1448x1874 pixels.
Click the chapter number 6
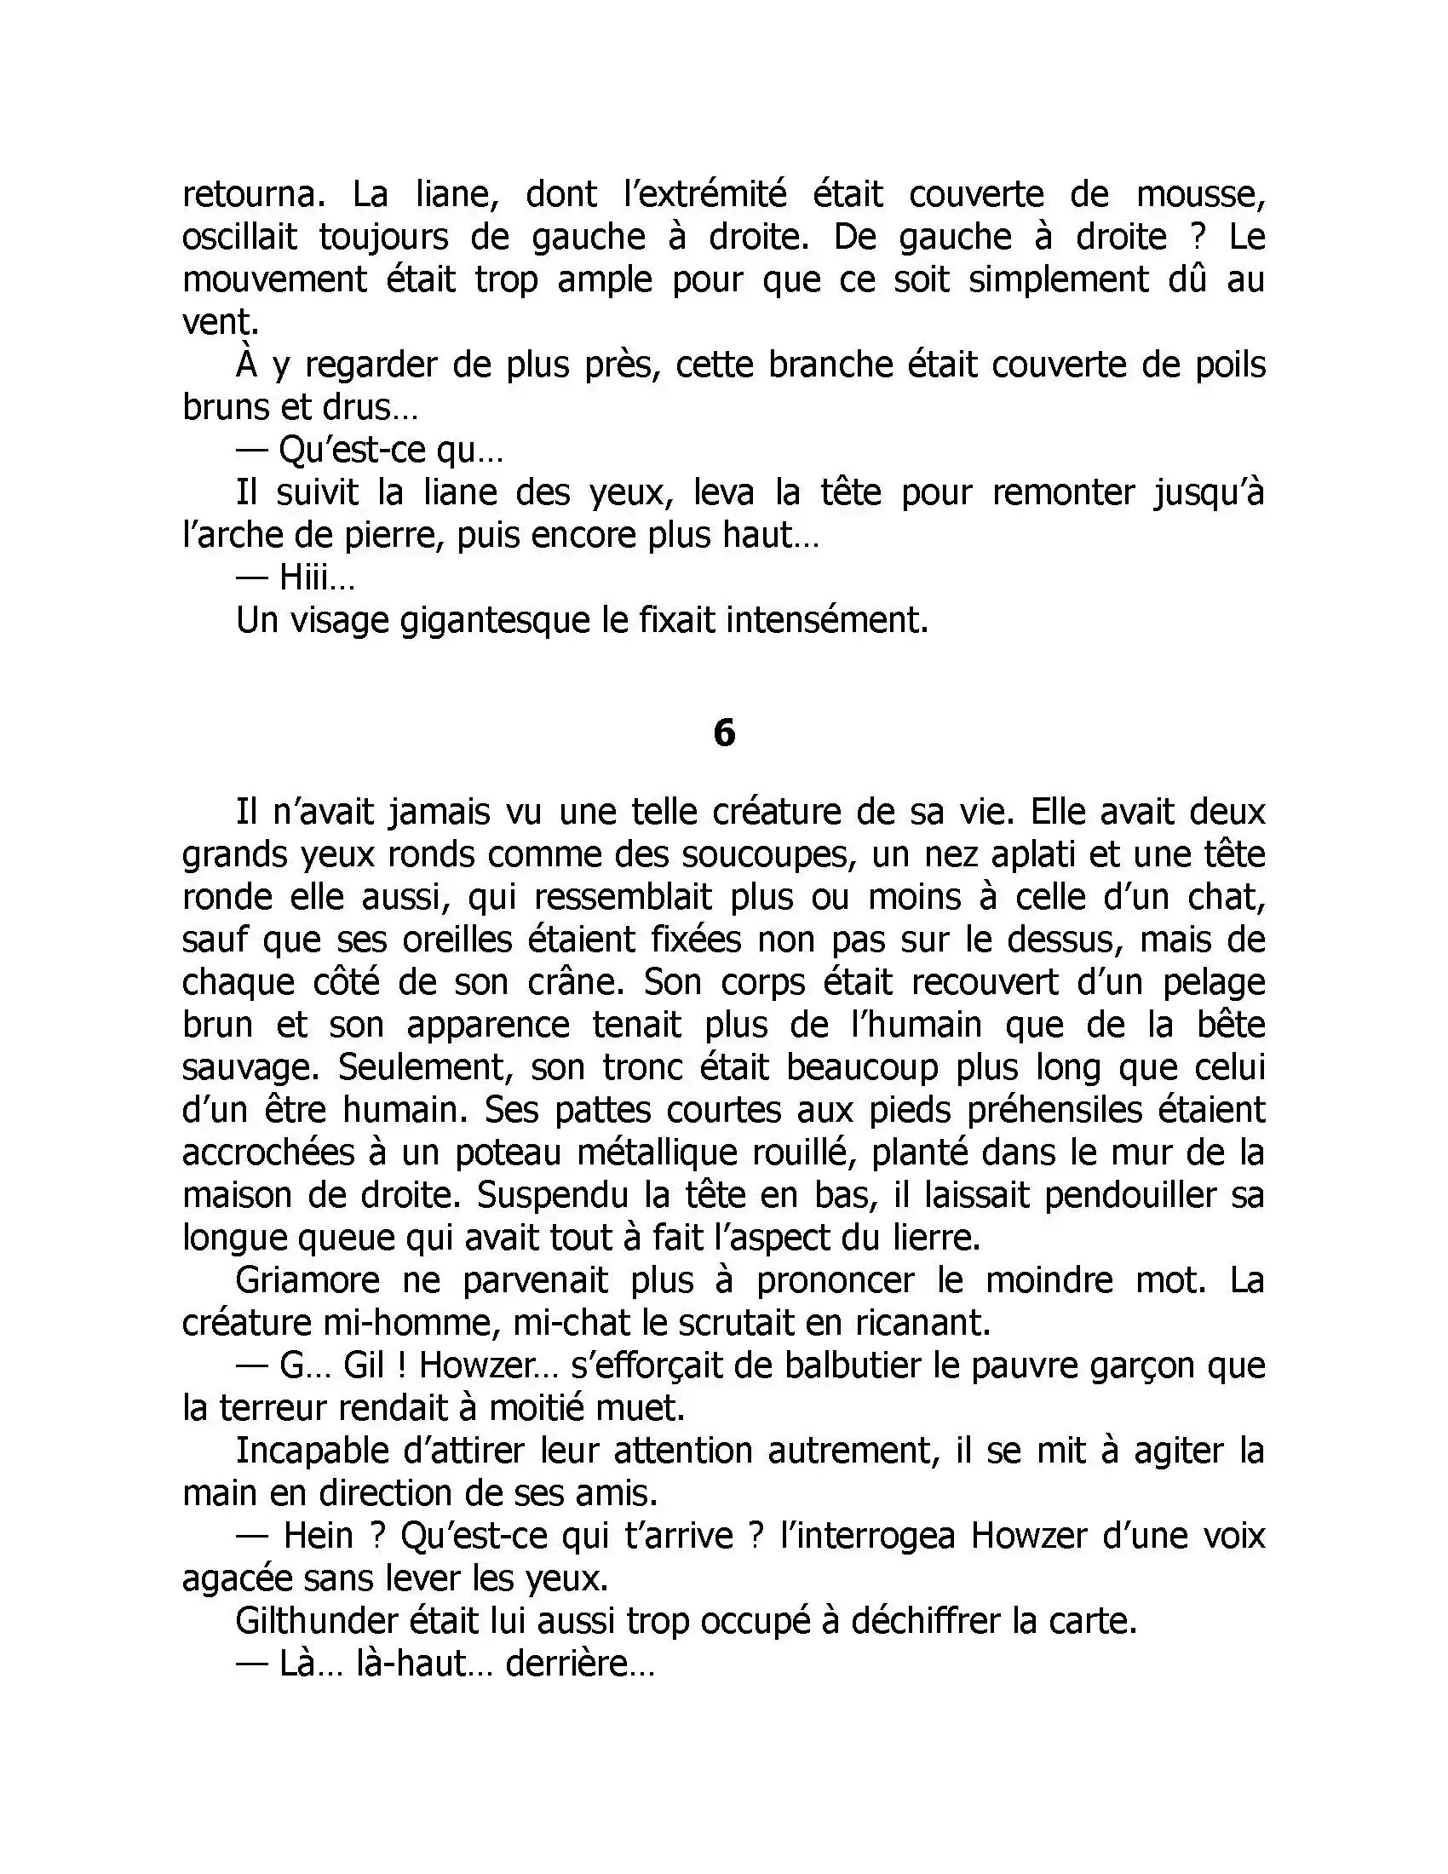click(724, 733)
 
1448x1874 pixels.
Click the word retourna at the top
click(254, 195)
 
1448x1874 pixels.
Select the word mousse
click(1200, 195)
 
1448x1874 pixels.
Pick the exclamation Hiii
click(316, 578)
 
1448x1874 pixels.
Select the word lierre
click(932, 1238)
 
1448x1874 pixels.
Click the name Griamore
click(307, 1280)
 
